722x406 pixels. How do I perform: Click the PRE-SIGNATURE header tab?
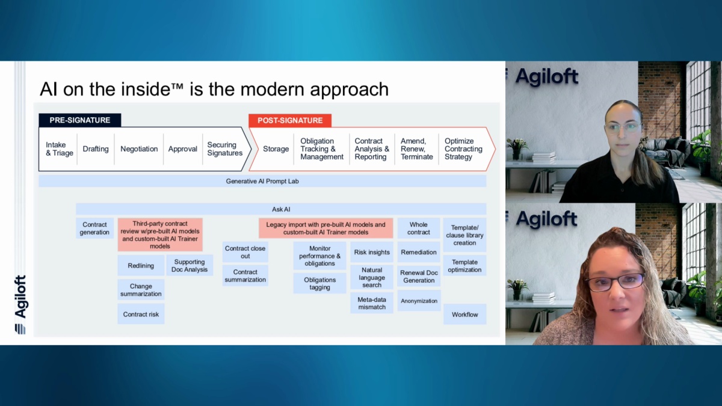click(80, 120)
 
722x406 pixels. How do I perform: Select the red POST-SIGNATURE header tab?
click(290, 120)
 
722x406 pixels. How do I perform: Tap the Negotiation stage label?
click(139, 149)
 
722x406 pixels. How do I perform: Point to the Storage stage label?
click(276, 149)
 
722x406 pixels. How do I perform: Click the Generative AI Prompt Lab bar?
click(262, 181)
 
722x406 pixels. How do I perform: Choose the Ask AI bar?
click(281, 209)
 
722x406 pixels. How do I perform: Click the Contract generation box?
click(94, 228)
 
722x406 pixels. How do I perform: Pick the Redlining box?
click(141, 265)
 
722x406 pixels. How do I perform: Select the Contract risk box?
click(141, 314)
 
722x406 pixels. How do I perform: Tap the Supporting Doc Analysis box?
click(190, 265)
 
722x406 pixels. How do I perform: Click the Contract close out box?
click(245, 252)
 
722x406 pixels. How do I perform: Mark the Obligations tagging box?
click(319, 283)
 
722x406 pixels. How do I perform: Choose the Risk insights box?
click(372, 252)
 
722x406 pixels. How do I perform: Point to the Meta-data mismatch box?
click(372, 303)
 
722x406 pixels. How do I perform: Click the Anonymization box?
click(419, 301)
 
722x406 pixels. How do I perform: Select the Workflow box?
click(464, 315)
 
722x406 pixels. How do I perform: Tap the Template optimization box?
click(464, 266)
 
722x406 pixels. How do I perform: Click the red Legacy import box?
click(326, 228)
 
